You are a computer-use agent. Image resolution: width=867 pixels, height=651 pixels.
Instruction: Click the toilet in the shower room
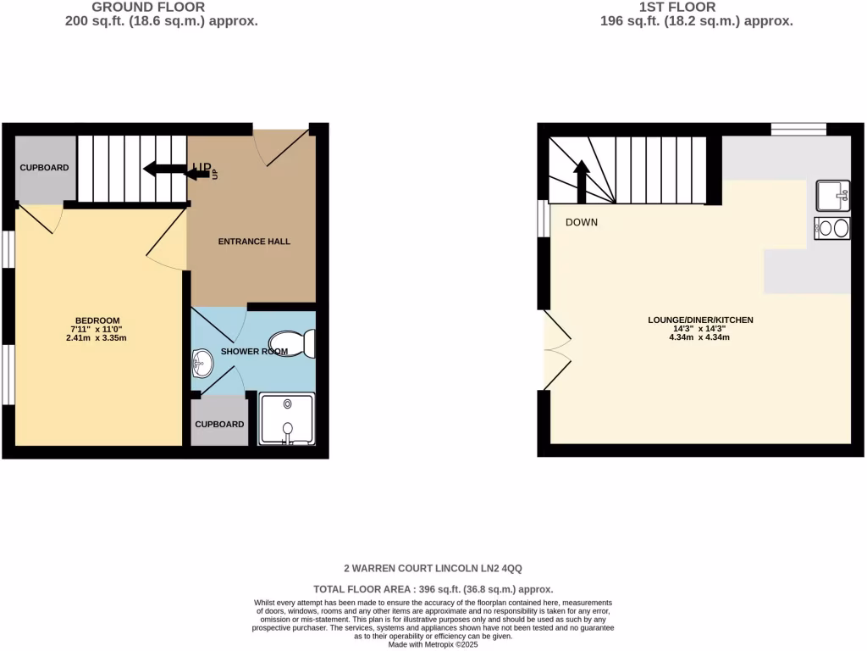298,343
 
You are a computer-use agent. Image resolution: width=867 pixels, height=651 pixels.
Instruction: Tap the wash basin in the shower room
202,365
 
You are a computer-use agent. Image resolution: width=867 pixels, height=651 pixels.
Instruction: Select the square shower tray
287,419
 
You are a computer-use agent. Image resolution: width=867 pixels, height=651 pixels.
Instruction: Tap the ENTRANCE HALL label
254,242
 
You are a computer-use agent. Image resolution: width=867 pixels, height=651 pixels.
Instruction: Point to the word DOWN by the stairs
582,223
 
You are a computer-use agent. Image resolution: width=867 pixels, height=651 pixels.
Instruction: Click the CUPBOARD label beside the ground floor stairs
44,168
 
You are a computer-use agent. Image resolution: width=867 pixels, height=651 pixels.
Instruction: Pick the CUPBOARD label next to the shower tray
219,424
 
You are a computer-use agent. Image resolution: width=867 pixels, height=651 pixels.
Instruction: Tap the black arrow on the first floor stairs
582,181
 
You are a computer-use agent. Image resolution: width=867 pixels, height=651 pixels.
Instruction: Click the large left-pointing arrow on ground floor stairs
164,169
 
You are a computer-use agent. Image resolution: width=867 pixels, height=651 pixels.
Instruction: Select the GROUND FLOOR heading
160,7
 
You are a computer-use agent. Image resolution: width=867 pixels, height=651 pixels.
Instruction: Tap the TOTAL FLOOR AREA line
433,589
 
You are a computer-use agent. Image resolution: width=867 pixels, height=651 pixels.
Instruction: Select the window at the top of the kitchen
798,129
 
